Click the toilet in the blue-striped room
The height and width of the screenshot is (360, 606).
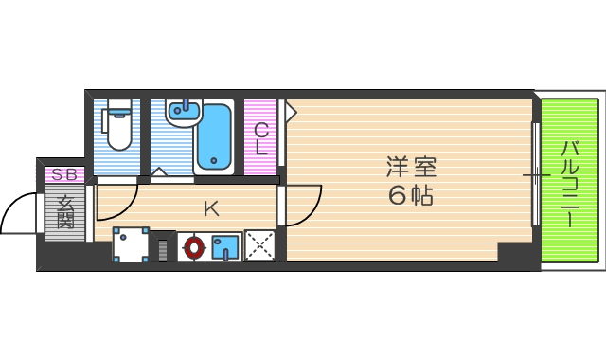(x=118, y=128)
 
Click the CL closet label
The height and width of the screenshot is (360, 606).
(x=260, y=138)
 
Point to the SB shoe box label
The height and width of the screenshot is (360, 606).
(x=64, y=174)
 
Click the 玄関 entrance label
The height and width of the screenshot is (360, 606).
(x=64, y=211)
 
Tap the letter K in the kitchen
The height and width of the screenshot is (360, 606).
(x=211, y=207)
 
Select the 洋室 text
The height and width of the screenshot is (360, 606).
(x=410, y=168)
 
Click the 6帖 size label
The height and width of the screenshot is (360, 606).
(x=410, y=196)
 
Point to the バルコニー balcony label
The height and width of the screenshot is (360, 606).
(x=570, y=184)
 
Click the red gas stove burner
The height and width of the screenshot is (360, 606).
(x=194, y=247)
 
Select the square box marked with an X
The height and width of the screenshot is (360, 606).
(x=259, y=245)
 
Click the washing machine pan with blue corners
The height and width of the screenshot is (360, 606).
(x=131, y=244)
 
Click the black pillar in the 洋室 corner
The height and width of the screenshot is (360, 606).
(x=515, y=253)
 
